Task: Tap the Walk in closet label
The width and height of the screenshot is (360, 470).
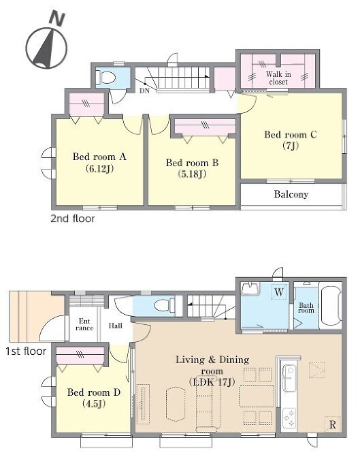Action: click(278, 78)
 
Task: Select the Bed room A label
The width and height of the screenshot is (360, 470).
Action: click(99, 157)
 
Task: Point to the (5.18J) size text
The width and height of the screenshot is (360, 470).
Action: click(192, 174)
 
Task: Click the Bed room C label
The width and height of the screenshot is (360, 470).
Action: click(290, 135)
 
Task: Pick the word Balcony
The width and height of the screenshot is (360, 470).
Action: click(291, 194)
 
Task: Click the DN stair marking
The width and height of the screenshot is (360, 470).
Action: click(144, 91)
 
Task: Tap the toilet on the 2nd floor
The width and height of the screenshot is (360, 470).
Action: click(106, 78)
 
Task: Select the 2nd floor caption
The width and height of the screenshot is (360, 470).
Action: click(73, 219)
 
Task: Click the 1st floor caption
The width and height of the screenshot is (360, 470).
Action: click(26, 351)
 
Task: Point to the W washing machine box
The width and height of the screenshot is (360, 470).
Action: click(279, 292)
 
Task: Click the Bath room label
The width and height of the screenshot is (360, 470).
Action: click(306, 308)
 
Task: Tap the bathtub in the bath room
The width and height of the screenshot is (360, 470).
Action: click(331, 305)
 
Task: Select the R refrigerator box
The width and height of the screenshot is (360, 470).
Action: click(333, 424)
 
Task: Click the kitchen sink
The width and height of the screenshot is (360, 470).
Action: click(289, 378)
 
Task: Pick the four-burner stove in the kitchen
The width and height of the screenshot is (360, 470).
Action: click(289, 418)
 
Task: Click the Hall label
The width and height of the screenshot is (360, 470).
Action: click(115, 326)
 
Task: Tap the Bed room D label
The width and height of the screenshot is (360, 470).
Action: click(94, 392)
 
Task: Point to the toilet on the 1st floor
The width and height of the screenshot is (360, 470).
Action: click(164, 305)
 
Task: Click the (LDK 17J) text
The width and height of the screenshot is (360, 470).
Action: click(212, 382)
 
